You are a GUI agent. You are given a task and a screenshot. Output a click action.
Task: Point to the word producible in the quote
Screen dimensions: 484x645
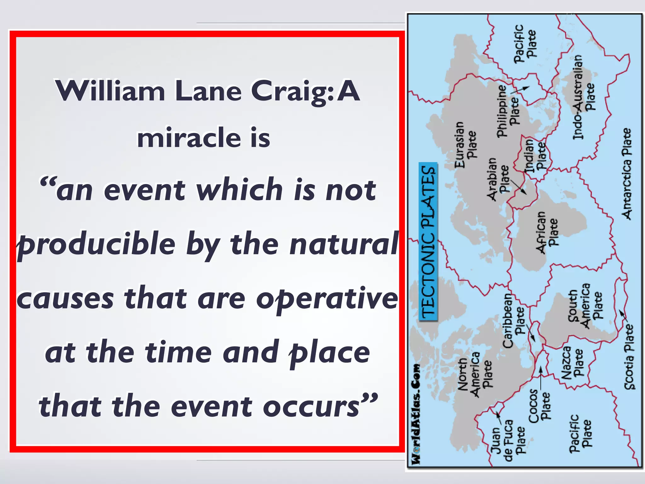click(x=96, y=244)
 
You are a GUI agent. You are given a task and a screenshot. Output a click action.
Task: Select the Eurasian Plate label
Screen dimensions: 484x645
click(x=465, y=144)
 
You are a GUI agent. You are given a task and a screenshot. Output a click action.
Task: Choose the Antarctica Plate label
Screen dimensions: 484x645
click(x=627, y=173)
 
